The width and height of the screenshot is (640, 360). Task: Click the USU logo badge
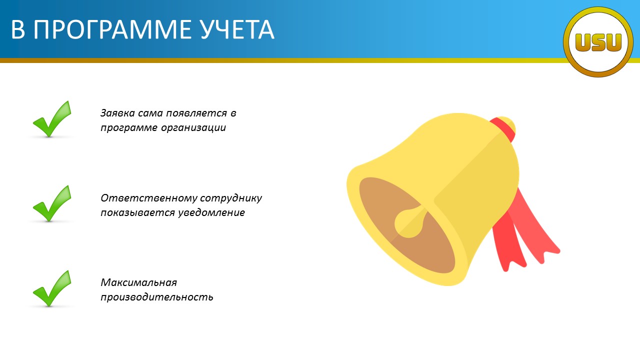[598, 42]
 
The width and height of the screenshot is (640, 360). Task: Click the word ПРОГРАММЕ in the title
[112, 29]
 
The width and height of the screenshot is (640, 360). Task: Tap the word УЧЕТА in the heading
[237, 29]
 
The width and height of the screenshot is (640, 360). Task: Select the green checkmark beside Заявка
[52, 119]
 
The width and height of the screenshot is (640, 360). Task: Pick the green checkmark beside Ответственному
[52, 203]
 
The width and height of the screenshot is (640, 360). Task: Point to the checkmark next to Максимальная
[52, 288]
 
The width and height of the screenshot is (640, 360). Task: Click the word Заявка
[117, 113]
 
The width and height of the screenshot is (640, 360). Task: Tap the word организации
[193, 128]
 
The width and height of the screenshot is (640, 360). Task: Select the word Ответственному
[148, 198]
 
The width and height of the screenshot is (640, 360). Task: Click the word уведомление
[211, 213]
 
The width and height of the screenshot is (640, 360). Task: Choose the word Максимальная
[139, 283]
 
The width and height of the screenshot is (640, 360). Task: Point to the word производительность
[157, 297]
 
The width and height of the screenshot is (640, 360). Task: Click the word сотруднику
[231, 198]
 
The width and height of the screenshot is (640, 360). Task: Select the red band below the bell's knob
[502, 129]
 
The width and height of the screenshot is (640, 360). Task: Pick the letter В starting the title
[18, 29]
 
